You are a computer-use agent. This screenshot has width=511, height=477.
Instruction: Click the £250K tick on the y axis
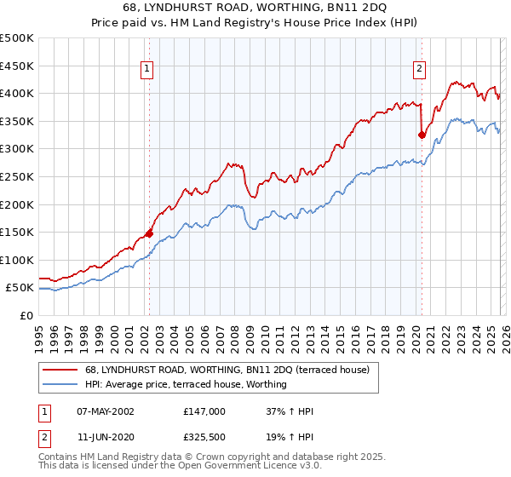17,176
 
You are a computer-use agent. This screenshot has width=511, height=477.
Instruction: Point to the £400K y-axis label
17,93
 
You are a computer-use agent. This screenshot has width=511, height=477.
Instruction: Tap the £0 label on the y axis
26,315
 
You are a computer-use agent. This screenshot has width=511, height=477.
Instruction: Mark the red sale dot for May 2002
149,233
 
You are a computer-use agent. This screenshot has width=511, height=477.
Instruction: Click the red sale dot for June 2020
422,135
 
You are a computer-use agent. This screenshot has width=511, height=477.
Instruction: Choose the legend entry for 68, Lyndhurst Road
227,371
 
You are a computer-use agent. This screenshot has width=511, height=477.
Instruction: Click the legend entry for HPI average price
186,385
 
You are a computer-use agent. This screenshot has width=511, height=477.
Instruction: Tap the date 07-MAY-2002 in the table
106,411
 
